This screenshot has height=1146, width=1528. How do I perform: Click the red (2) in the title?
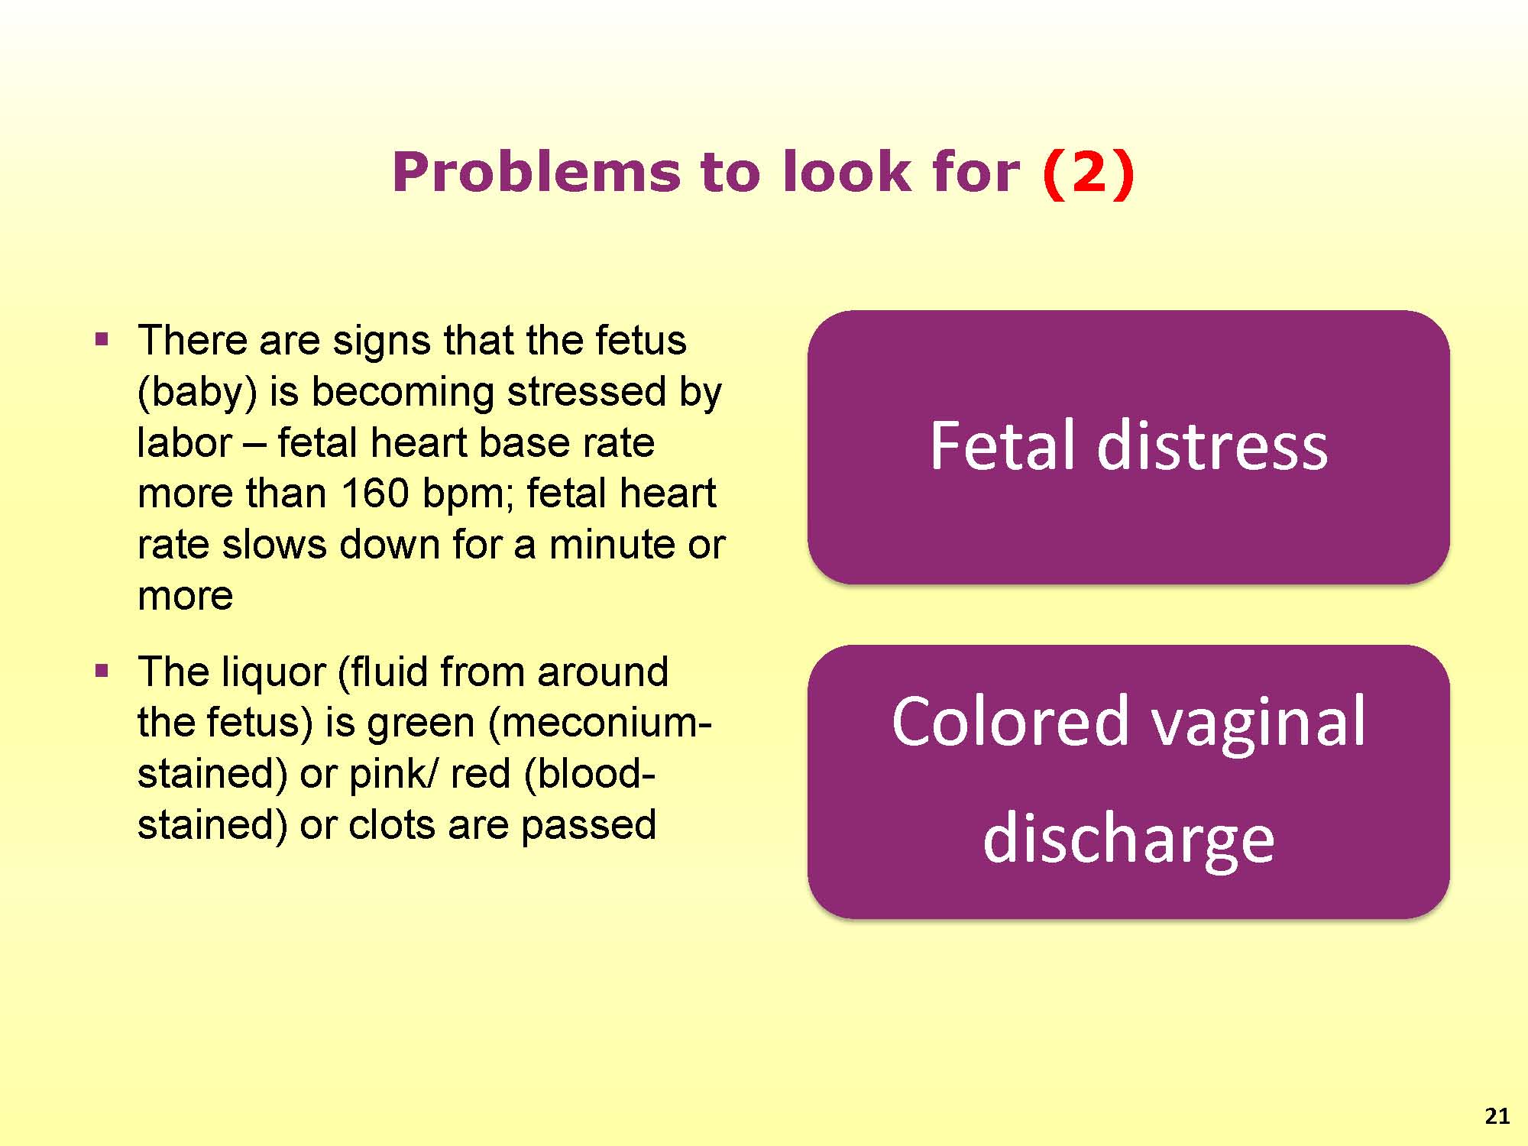[x=1089, y=173]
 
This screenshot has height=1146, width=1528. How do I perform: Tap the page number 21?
[x=1497, y=1116]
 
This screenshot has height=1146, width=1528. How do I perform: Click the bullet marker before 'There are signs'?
[x=102, y=339]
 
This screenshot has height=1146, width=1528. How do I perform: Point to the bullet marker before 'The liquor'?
[x=102, y=672]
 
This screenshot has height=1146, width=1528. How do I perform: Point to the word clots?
[x=393, y=825]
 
